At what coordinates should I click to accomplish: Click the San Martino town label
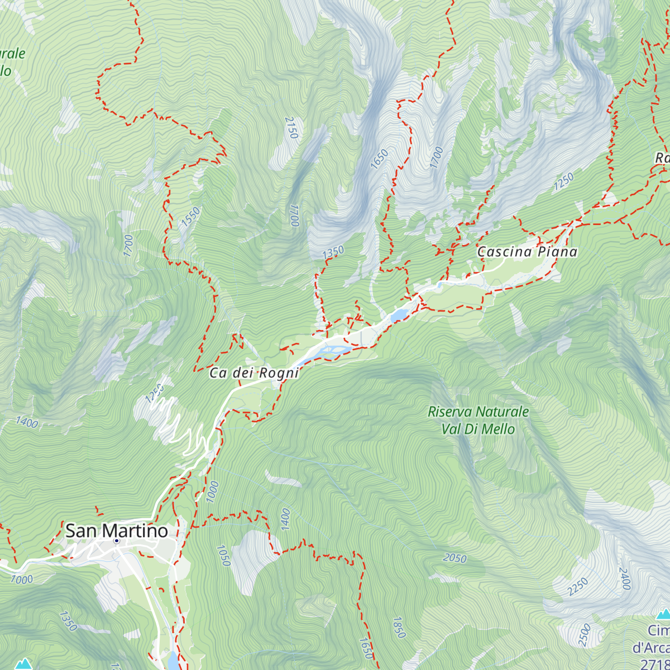point(116,530)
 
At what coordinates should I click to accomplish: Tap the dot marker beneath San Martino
point(117,541)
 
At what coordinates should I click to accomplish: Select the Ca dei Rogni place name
point(254,373)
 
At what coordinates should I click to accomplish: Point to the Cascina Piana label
point(527,252)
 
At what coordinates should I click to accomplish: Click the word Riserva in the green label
point(451,412)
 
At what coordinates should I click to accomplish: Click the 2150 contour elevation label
point(291,128)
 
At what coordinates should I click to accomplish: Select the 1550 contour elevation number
point(190,217)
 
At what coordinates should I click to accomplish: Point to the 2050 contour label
point(454,558)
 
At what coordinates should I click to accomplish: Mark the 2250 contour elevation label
point(578,587)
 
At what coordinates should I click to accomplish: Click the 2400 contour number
point(625,579)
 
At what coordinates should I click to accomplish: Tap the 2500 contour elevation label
point(585,635)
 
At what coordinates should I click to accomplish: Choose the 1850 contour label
point(399,628)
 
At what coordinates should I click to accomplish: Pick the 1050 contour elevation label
point(223,556)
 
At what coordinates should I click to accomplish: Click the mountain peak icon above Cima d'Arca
point(663,615)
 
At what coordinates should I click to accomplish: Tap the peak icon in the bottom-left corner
point(23,664)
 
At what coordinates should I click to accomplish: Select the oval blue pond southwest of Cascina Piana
point(399,316)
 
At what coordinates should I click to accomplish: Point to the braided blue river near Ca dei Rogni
point(329,351)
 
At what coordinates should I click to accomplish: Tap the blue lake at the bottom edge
point(173,662)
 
